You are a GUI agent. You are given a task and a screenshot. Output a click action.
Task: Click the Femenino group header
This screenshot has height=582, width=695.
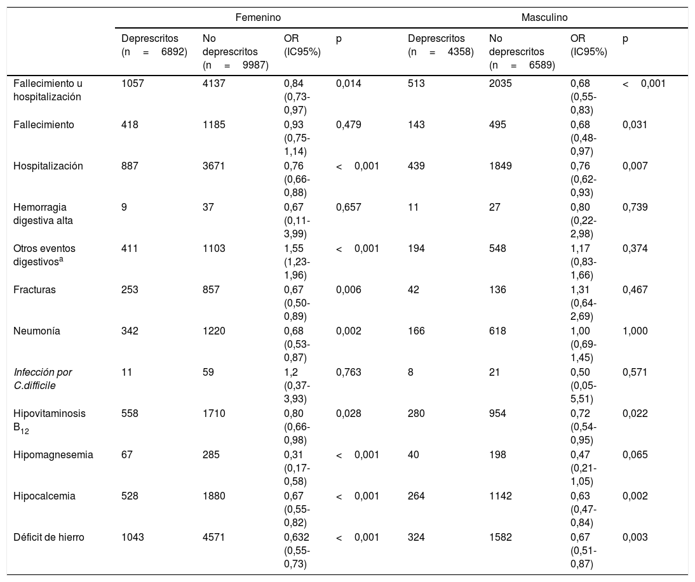pyautogui.click(x=258, y=18)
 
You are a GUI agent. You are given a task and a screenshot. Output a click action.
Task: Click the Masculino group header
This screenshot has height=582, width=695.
pyautogui.click(x=544, y=18)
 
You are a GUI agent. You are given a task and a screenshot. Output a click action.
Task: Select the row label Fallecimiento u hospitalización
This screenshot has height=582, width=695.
pyautogui.click(x=48, y=90)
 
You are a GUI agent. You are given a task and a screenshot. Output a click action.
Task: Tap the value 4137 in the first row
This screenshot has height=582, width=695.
pyautogui.click(x=214, y=83)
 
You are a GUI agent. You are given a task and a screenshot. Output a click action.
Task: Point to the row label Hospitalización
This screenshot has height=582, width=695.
pyautogui.click(x=48, y=166)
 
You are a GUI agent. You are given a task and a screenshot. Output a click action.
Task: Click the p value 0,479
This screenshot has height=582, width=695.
pyautogui.click(x=348, y=125)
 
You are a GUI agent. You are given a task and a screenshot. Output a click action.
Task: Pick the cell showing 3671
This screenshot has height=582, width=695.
pyautogui.click(x=214, y=166)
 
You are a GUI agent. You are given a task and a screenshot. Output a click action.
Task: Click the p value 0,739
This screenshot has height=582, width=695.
pyautogui.click(x=635, y=208)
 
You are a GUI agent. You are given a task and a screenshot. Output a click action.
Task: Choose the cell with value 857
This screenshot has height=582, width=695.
pyautogui.click(x=211, y=289)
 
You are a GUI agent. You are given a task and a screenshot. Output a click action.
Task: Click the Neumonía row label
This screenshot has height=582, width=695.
pyautogui.click(x=37, y=331)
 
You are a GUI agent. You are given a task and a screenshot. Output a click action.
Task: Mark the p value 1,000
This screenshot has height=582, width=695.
pyautogui.click(x=635, y=331)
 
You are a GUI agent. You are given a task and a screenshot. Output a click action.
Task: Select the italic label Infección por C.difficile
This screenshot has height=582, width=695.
pyautogui.click(x=43, y=379)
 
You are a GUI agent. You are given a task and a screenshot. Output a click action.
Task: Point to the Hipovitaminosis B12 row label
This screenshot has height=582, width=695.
pyautogui.click(x=49, y=421)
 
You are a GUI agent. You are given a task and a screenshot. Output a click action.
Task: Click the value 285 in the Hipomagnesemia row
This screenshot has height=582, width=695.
pyautogui.click(x=211, y=455)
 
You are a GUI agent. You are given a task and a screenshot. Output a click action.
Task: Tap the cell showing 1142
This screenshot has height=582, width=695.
pyautogui.click(x=501, y=496)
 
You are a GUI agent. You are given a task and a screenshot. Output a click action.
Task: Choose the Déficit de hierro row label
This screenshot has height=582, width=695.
pyautogui.click(x=49, y=538)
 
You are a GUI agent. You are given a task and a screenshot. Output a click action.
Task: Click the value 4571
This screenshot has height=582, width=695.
pyautogui.click(x=214, y=538)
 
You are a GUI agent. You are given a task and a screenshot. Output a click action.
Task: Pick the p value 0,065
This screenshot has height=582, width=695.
pyautogui.click(x=635, y=455)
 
